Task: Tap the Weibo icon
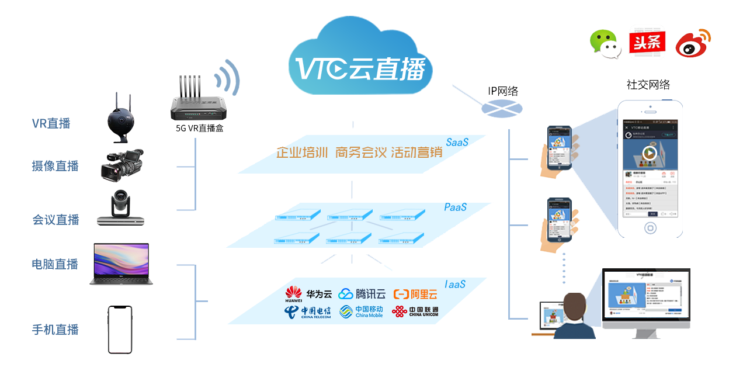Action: click(x=693, y=43)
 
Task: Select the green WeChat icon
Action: click(x=605, y=43)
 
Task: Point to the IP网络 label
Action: click(x=503, y=91)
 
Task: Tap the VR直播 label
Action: click(x=51, y=123)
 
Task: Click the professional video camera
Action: click(x=121, y=165)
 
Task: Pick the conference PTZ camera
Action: click(x=120, y=208)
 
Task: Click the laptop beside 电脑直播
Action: click(x=121, y=264)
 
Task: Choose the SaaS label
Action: click(x=457, y=142)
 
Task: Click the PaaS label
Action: click(x=455, y=207)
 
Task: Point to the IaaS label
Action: click(x=455, y=285)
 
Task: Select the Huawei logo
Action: click(x=294, y=294)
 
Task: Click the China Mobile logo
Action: click(x=362, y=311)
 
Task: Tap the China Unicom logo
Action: click(x=415, y=311)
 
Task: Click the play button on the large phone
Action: click(x=650, y=154)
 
